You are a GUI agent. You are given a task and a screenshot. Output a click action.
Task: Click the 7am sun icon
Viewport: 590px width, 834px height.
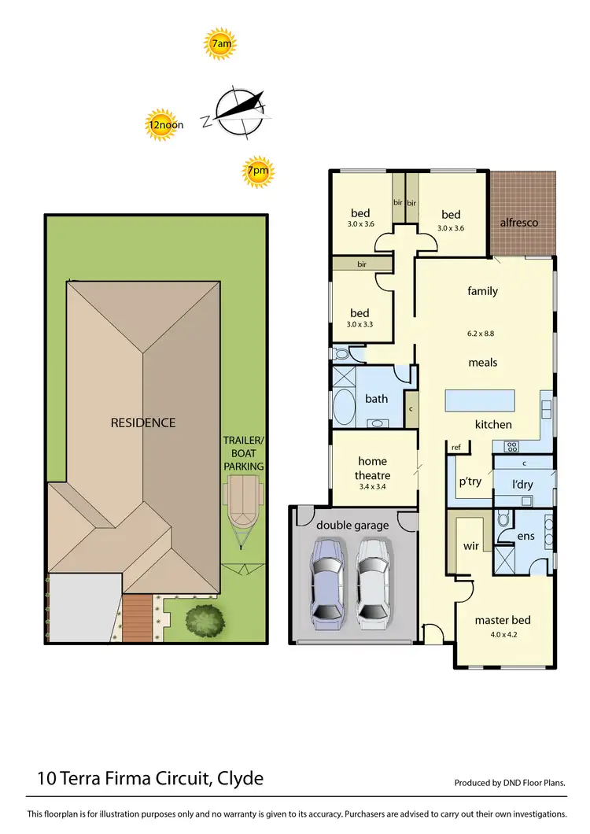(221, 45)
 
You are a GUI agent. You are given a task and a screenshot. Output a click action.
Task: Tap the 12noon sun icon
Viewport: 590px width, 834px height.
(164, 125)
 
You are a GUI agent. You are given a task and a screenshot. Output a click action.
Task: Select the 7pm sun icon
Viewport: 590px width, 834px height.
(257, 171)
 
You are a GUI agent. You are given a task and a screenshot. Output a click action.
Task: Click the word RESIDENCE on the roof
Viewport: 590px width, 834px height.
(142, 423)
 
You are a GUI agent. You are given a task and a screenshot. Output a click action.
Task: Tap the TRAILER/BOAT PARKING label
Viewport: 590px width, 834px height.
(243, 455)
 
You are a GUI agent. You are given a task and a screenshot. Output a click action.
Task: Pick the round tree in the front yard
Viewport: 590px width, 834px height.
(202, 619)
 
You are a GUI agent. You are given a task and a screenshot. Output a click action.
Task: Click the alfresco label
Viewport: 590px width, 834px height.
(519, 223)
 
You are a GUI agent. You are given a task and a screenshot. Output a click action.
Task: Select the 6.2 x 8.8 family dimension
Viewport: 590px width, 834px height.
(482, 333)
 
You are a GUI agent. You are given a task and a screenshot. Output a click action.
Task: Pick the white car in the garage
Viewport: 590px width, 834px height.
(372, 578)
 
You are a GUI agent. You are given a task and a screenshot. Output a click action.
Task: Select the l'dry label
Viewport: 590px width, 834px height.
(522, 484)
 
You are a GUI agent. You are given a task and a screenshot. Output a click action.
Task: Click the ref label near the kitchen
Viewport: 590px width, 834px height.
(455, 448)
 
